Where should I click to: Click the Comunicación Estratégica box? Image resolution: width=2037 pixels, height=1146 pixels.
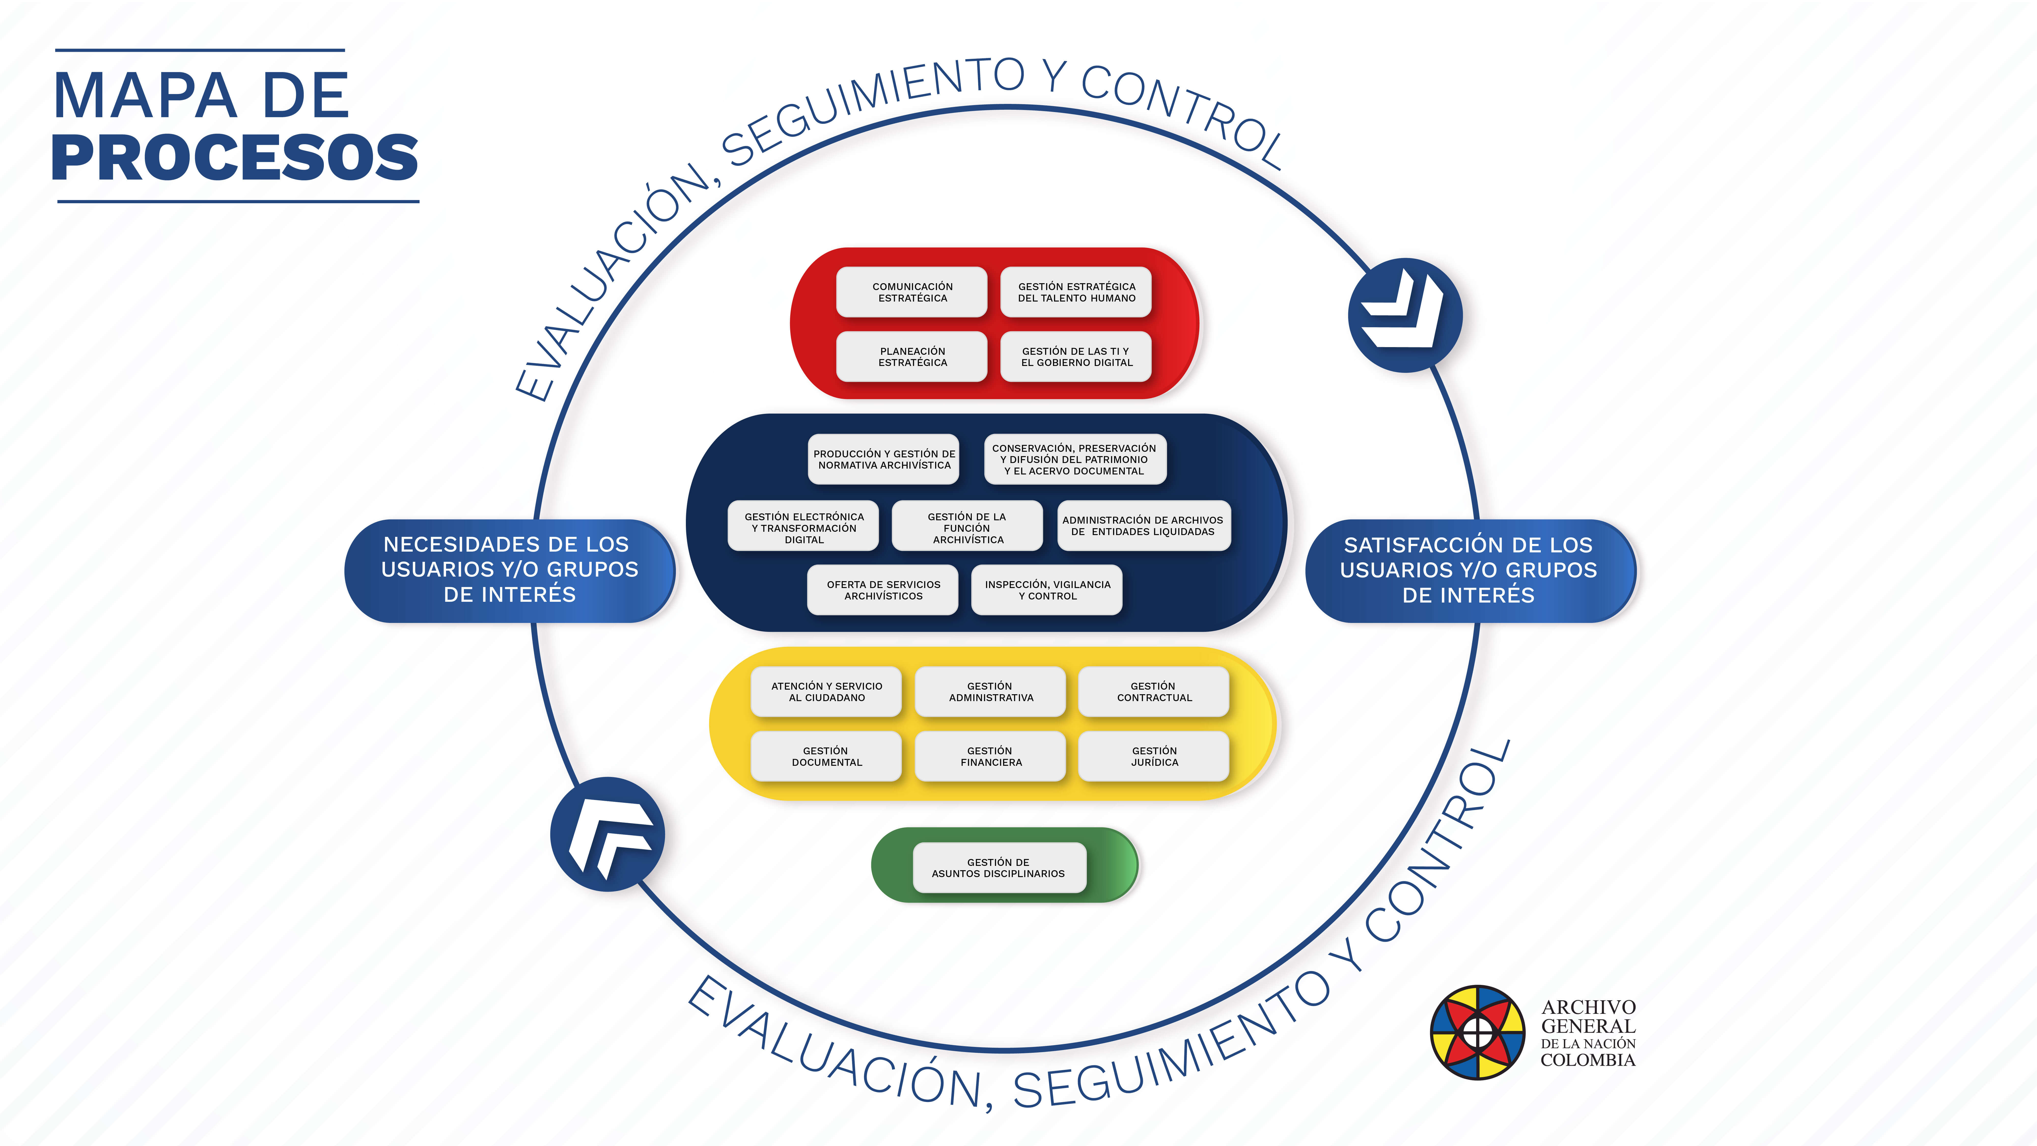pyautogui.click(x=912, y=292)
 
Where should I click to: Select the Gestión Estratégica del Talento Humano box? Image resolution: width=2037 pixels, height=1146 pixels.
pyautogui.click(x=1076, y=292)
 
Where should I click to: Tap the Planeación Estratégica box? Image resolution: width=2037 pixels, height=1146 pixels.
pyautogui.click(x=912, y=357)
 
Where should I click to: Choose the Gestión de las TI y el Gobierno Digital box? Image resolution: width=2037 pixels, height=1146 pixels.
pyautogui.click(x=1076, y=357)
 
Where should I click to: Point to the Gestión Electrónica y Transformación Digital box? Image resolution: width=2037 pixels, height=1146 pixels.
pyautogui.click(x=803, y=526)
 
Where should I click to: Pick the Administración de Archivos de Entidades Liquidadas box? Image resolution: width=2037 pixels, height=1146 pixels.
pyautogui.click(x=1143, y=526)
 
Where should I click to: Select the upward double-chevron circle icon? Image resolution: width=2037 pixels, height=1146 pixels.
pyautogui.click(x=607, y=834)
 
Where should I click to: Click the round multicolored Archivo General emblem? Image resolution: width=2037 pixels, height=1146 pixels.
pyautogui.click(x=1477, y=1032)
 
